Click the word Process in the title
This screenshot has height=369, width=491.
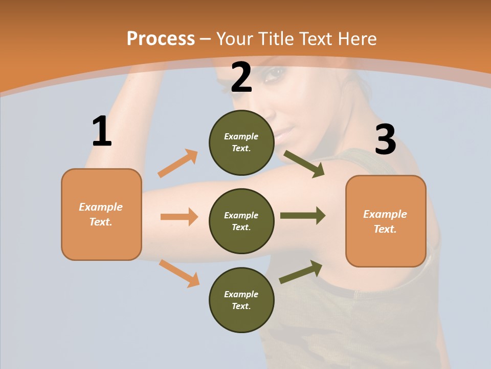point(161,39)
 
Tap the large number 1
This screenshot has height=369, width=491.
point(102,132)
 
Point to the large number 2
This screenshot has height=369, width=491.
point(241,77)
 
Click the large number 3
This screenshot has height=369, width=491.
point(385,140)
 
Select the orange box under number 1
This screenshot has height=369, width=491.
point(101,214)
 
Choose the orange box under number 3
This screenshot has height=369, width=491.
point(386,221)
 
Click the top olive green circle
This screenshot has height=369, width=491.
point(241,142)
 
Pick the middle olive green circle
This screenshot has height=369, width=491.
point(241,221)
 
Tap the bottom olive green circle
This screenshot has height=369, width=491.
point(241,300)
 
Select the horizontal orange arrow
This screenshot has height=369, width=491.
point(179,217)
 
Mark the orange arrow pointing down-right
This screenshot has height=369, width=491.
point(180,273)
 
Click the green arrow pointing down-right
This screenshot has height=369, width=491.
point(304,164)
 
